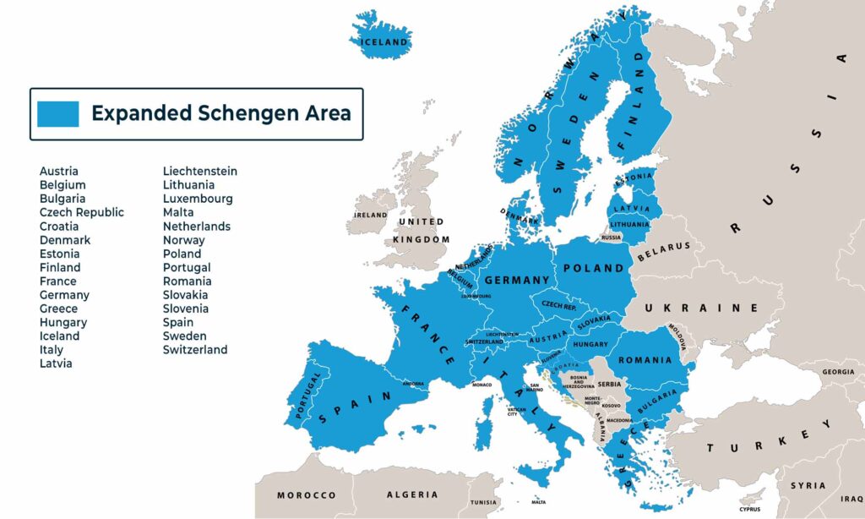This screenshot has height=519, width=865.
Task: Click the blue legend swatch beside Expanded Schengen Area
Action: (x=58, y=113)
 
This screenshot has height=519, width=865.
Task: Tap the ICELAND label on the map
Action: (x=384, y=42)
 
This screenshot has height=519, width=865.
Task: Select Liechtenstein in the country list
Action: (x=199, y=171)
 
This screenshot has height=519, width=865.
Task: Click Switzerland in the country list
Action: (x=194, y=349)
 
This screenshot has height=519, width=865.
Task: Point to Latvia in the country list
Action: (x=56, y=363)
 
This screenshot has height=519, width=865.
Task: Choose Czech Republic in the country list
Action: (x=81, y=212)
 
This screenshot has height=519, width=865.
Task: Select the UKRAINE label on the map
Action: (x=701, y=309)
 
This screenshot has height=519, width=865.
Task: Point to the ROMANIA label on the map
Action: (x=645, y=360)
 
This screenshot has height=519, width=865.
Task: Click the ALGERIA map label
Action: (x=411, y=494)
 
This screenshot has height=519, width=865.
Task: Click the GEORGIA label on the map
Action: (x=838, y=372)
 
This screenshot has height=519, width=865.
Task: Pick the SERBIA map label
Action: (x=609, y=384)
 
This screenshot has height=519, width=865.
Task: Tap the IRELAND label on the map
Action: (x=370, y=216)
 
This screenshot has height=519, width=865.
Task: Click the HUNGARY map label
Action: (x=590, y=345)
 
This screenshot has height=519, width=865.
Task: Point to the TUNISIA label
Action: (x=485, y=501)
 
